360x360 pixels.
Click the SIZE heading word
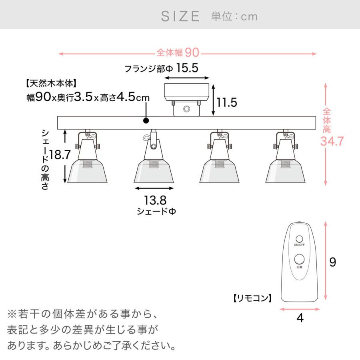[x=180, y=16]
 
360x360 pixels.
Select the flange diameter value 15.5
[x=188, y=68]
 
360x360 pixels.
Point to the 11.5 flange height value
[x=227, y=102]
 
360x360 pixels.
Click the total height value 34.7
[x=332, y=141]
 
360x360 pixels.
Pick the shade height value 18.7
[x=59, y=155]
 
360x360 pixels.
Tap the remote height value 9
[x=332, y=262]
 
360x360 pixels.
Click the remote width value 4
[x=300, y=319]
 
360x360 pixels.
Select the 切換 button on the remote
[x=300, y=259]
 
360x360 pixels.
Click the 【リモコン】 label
[x=252, y=298]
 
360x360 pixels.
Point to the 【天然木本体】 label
[x=50, y=84]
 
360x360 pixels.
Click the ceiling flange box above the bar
[x=187, y=92]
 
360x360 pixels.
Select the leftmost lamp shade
[x=88, y=171]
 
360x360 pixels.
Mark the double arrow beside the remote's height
[x=326, y=261]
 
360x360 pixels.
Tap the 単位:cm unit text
[x=234, y=16]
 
